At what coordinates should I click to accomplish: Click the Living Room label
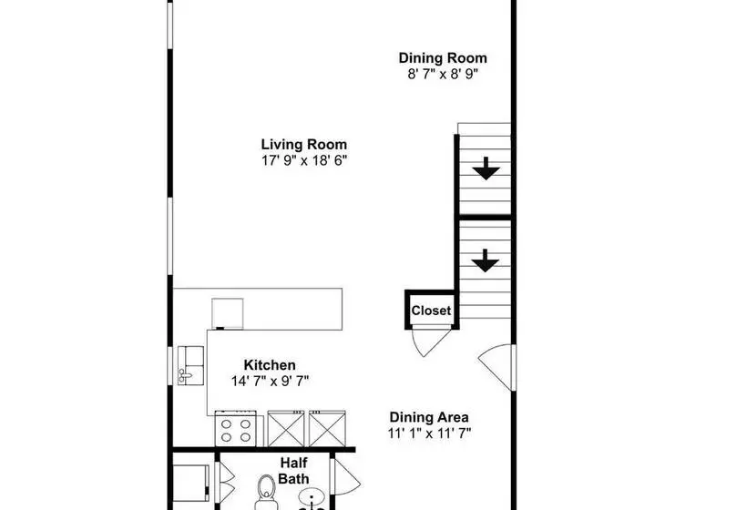click(304, 144)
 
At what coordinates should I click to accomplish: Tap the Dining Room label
click(443, 58)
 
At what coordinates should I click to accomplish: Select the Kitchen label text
click(270, 365)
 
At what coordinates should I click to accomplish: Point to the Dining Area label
click(429, 417)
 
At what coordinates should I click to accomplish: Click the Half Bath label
click(293, 471)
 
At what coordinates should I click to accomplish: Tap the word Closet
click(431, 311)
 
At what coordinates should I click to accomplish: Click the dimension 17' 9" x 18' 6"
click(304, 160)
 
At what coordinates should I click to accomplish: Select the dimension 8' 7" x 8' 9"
click(443, 75)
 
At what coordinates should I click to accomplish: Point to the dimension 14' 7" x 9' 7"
click(271, 381)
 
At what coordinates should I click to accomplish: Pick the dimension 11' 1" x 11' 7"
click(430, 433)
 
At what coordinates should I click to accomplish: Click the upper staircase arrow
click(486, 168)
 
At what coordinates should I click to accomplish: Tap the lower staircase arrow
click(486, 260)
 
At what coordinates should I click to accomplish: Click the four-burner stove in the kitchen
click(236, 430)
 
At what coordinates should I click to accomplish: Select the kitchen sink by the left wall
click(190, 365)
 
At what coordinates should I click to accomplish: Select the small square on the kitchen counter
click(228, 313)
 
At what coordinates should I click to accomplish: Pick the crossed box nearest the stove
click(286, 429)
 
